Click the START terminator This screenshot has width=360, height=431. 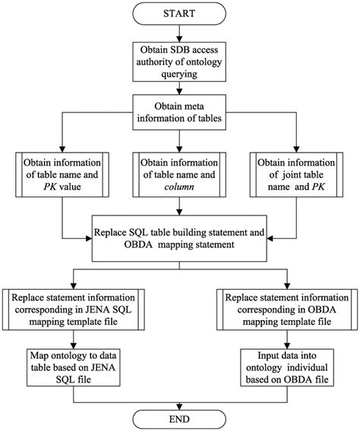(179, 14)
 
